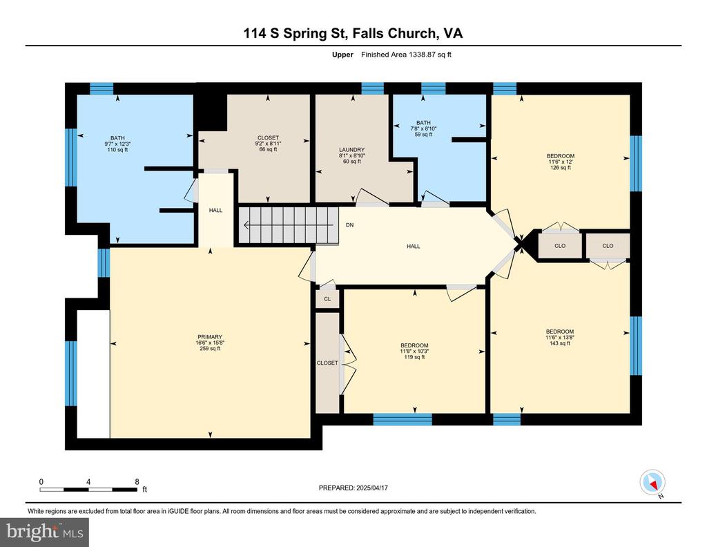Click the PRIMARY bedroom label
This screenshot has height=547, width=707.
[x=210, y=337]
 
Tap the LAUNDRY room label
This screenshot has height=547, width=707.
[x=351, y=150]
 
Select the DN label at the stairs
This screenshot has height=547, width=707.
[x=349, y=225]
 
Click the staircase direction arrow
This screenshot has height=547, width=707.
[x=288, y=225]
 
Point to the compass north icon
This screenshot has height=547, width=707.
[x=652, y=482]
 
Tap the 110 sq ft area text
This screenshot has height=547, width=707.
[x=117, y=150]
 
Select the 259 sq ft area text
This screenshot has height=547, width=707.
[x=210, y=348]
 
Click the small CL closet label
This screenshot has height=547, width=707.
[x=327, y=299]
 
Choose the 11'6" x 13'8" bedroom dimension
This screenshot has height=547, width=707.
[x=559, y=337]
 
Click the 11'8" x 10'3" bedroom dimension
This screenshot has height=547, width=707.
[x=414, y=352]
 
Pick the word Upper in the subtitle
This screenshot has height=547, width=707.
[x=342, y=55]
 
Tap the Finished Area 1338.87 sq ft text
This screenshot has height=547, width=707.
[x=406, y=55]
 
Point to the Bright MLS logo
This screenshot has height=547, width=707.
[x=44, y=532]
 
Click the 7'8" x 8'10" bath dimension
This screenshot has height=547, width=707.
[x=423, y=128]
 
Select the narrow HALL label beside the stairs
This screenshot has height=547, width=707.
[x=215, y=210]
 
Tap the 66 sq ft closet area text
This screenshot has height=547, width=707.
[x=269, y=149]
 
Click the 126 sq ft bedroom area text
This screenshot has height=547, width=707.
[x=561, y=167]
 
